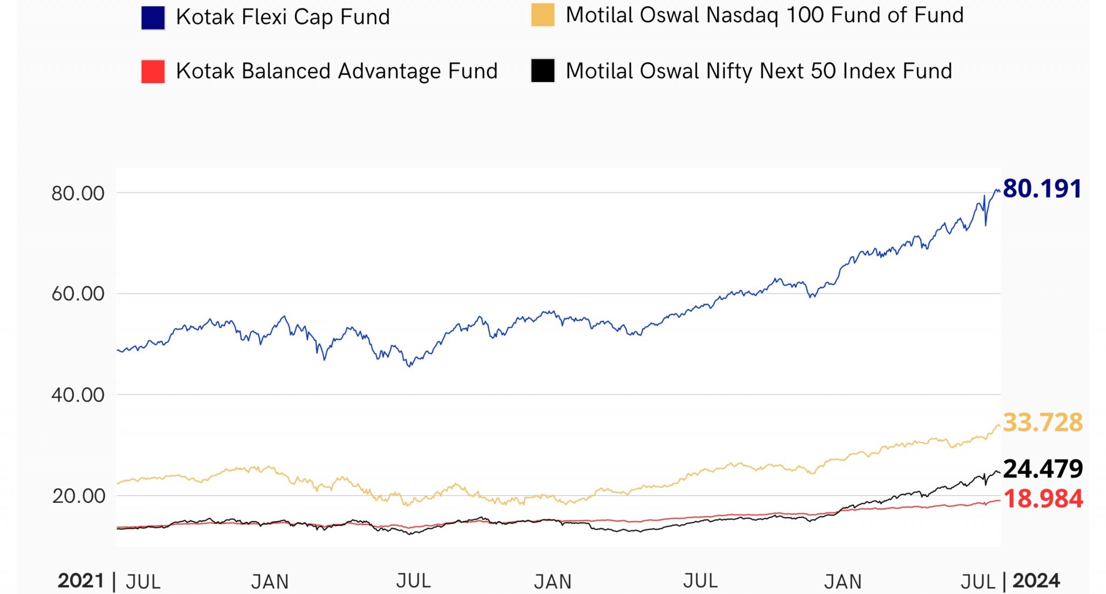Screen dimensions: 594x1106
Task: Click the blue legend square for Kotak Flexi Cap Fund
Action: point(153,18)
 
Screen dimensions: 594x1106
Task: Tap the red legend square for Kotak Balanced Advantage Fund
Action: point(153,71)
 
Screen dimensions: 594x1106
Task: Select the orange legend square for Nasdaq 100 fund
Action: point(543,15)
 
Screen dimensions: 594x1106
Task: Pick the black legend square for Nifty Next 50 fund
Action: point(543,71)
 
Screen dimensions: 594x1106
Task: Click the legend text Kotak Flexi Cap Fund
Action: point(282,17)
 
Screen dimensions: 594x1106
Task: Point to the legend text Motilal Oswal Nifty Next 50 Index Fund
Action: point(758,71)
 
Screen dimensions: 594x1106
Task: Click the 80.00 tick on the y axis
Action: point(78,193)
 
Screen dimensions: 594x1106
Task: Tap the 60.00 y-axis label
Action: point(78,294)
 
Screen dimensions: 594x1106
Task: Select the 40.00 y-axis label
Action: point(78,395)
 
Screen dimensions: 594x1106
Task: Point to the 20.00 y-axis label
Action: point(78,496)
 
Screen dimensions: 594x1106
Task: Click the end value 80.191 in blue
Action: point(1042,189)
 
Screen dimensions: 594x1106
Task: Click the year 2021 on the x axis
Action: point(81,581)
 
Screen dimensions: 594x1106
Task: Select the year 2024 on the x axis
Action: point(1036,581)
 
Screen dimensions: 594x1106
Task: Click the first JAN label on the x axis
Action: point(270,582)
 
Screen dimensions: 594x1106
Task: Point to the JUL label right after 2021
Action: point(143,582)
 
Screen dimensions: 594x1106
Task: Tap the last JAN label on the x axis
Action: point(842,582)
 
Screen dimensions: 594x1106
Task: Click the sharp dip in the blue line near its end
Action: point(986,224)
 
